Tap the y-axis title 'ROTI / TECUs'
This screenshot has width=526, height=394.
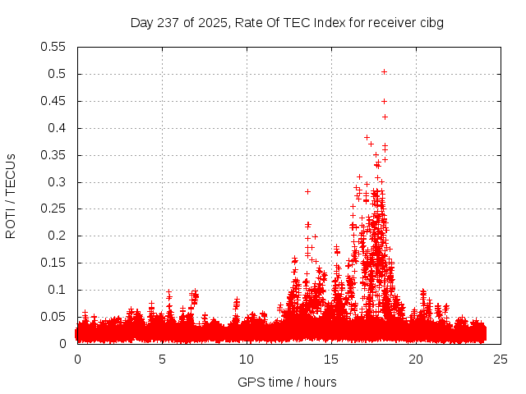point(11,195)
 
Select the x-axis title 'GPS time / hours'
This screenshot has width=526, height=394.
point(287,382)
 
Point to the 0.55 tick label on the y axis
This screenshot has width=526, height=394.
point(53,47)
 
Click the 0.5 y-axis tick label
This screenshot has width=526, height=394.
point(57,74)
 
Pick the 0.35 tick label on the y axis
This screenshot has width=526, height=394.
point(53,155)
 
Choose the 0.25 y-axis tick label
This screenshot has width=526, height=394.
point(53,208)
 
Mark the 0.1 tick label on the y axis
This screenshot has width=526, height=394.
point(57,290)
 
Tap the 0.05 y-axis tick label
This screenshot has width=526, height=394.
point(53,317)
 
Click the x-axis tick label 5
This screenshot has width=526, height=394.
point(163,359)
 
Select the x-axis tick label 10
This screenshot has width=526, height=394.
point(247,359)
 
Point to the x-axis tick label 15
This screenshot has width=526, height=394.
point(331,359)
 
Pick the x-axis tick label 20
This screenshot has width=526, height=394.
point(416,359)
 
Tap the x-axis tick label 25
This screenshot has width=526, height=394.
point(501,359)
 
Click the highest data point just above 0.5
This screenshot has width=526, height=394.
point(384,71)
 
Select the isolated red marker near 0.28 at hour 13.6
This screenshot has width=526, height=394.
point(307,191)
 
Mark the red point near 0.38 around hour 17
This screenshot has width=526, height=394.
point(367,137)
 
